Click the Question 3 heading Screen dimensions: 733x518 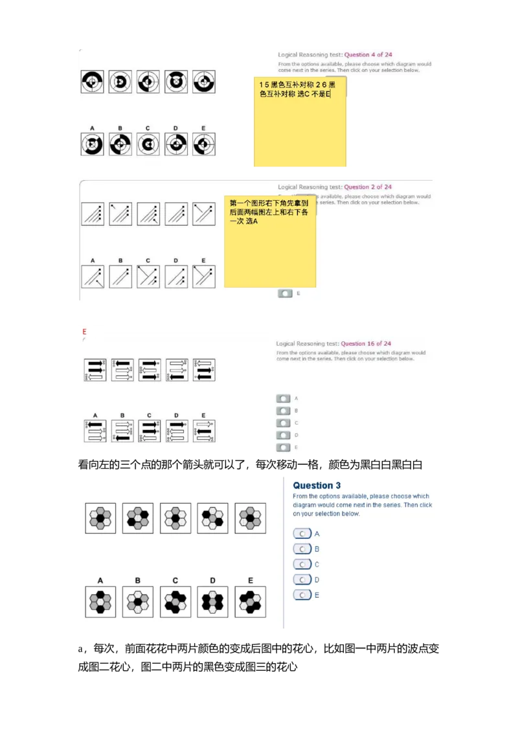(x=317, y=486)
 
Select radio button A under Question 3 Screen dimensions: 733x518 (x=302, y=534)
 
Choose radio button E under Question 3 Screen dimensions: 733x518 (x=302, y=595)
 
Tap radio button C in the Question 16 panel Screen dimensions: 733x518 (x=283, y=423)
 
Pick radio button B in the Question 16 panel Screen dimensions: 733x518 (x=283, y=411)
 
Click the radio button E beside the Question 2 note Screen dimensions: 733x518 (x=285, y=293)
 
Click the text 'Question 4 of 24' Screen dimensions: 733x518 (x=368, y=55)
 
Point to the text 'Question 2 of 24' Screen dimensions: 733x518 (x=368, y=187)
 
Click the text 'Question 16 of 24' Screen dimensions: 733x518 (x=366, y=344)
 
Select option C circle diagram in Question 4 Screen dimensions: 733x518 (x=148, y=144)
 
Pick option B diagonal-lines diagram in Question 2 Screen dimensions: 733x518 (x=120, y=276)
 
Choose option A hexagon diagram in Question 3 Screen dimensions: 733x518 (x=100, y=602)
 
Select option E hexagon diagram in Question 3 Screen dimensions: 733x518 (x=251, y=602)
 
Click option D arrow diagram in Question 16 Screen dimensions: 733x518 (x=177, y=431)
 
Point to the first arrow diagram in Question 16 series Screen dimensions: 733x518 (x=95, y=370)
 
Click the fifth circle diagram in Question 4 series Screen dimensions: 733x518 (x=203, y=82)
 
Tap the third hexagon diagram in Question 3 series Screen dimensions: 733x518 (x=175, y=518)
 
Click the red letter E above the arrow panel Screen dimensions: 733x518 (x=84, y=332)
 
